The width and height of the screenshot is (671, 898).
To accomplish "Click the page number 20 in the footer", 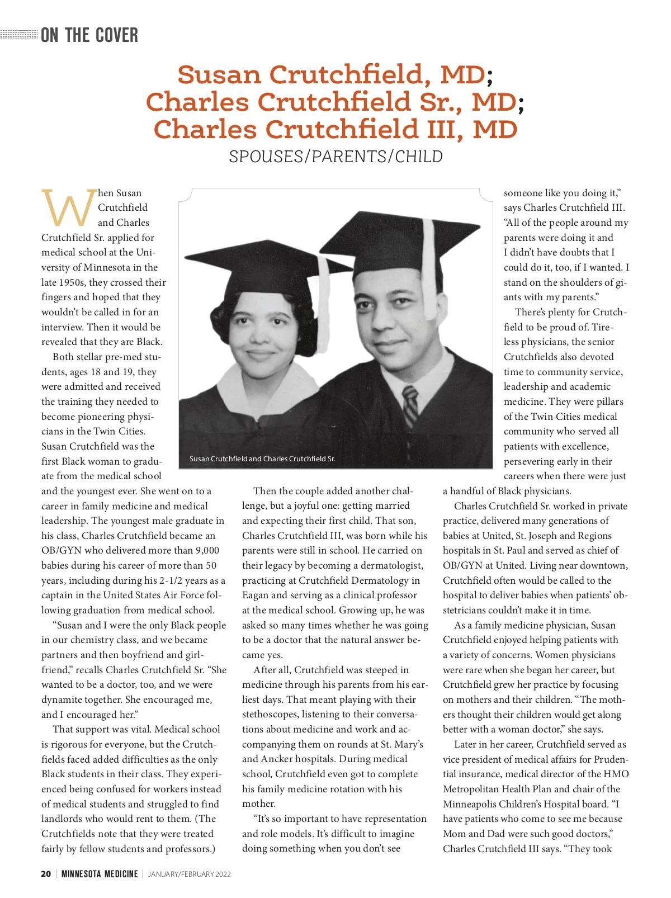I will [46, 874].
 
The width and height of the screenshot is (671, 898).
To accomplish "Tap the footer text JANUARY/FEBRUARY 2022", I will [189, 874].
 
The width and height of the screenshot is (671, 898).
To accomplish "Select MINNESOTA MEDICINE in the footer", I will [100, 874].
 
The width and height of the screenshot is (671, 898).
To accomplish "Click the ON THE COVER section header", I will [89, 35].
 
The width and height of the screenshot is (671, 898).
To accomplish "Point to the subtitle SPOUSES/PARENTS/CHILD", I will [335, 157].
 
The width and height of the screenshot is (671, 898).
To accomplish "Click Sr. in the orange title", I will [440, 102].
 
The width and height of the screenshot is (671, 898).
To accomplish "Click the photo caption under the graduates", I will [262, 459].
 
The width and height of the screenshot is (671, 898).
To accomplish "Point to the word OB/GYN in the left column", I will [62, 551].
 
